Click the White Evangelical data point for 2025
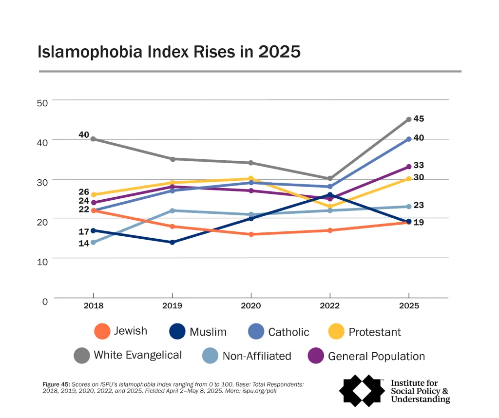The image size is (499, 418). (x=409, y=119)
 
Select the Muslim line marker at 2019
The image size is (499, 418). (x=172, y=242)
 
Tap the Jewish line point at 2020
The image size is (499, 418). (x=251, y=234)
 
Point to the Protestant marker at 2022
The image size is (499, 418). (x=330, y=206)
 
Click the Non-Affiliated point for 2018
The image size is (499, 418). (x=93, y=242)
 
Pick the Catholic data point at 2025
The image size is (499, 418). (x=409, y=139)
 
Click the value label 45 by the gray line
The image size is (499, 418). (x=419, y=118)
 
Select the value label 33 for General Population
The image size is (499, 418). (x=419, y=166)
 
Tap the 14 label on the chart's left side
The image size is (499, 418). (x=84, y=243)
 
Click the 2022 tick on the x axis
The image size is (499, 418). (x=330, y=306)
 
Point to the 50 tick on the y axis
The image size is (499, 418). (x=42, y=103)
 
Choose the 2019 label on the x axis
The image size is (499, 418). (x=172, y=306)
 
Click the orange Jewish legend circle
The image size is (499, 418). (x=102, y=332)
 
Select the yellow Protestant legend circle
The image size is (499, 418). (x=336, y=332)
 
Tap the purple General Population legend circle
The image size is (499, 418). (x=316, y=356)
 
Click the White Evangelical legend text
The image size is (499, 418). (x=137, y=355)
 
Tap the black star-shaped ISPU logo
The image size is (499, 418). (x=362, y=390)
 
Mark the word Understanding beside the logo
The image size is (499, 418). (x=421, y=399)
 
